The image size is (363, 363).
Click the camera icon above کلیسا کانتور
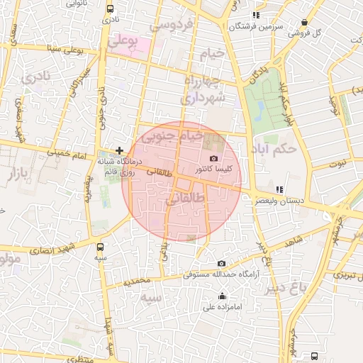214,158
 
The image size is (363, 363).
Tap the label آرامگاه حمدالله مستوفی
220,274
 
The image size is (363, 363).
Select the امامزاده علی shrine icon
223,296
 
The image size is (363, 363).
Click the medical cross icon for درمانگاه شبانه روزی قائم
119,150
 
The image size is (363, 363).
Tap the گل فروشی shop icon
304,23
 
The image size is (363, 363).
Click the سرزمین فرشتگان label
256,26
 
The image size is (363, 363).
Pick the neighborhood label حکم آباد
273,150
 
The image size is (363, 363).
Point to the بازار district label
27,172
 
